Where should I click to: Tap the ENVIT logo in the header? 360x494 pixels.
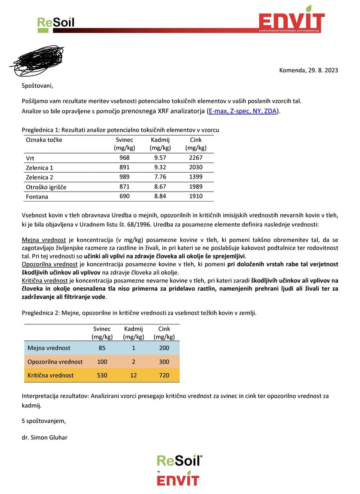click(x=291, y=20)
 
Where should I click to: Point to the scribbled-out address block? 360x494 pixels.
click(x=37, y=61)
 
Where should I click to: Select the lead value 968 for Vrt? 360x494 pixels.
click(x=124, y=158)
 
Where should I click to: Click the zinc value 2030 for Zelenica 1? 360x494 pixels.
click(x=196, y=167)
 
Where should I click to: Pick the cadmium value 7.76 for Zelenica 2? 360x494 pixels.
click(x=160, y=177)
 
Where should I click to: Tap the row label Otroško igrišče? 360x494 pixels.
click(x=46, y=187)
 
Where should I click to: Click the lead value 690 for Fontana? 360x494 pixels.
click(x=124, y=196)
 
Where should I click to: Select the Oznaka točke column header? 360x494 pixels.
click(x=44, y=140)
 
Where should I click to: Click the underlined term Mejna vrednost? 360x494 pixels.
click(x=44, y=240)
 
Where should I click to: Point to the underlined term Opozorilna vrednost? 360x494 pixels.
click(x=50, y=264)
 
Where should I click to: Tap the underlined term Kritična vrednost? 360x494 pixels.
click(x=45, y=280)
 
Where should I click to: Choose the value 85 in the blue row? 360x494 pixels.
click(x=102, y=348)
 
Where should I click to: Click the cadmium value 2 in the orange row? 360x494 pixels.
click(x=133, y=362)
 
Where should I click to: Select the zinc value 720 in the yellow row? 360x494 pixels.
click(x=164, y=375)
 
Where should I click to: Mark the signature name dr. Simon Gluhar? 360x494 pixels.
click(x=44, y=437)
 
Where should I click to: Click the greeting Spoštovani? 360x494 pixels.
click(x=37, y=85)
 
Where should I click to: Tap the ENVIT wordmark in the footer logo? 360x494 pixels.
click(x=178, y=480)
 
